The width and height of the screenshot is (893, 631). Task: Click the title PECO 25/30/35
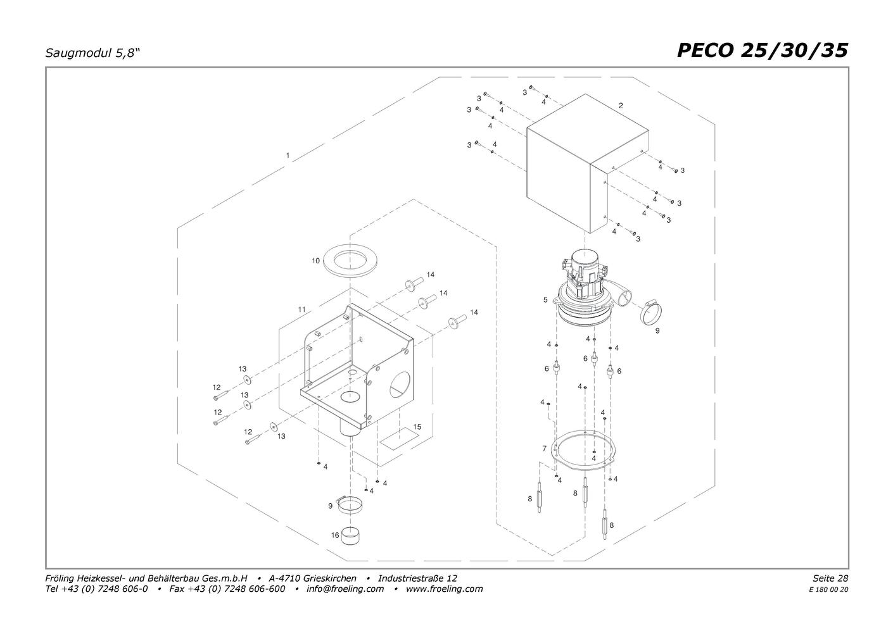click(x=762, y=51)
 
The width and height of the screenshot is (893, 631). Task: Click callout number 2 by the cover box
click(x=621, y=106)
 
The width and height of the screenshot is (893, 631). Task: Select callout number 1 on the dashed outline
click(x=288, y=155)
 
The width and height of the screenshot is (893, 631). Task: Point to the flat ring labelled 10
click(x=350, y=259)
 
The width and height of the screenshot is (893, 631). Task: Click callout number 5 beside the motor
click(x=545, y=300)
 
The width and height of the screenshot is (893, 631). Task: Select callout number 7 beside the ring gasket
click(x=544, y=449)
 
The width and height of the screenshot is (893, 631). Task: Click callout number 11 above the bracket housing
click(x=302, y=309)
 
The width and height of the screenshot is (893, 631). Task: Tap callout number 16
click(x=335, y=535)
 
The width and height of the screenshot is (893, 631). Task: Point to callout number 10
click(x=315, y=261)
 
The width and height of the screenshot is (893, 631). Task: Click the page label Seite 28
click(x=830, y=578)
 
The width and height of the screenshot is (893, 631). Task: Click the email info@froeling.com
click(x=345, y=589)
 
